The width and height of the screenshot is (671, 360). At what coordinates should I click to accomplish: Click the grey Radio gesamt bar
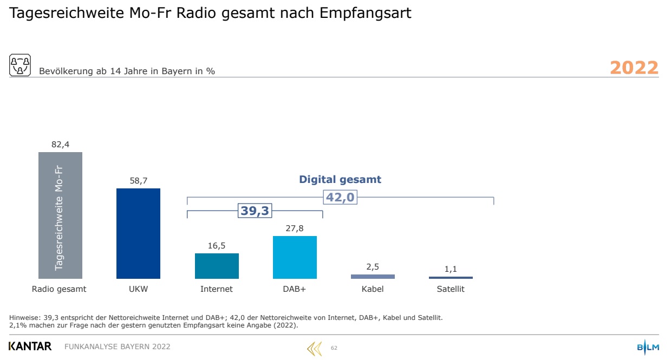coord(60,215)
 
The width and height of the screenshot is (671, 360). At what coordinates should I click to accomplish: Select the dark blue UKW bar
coord(138,233)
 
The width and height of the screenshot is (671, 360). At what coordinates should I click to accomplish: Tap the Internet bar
coord(217,266)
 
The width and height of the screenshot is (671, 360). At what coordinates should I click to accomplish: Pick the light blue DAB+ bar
coord(295,257)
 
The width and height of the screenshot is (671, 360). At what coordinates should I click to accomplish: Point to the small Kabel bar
coord(373,276)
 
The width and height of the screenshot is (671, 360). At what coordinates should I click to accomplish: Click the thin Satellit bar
coord(451,278)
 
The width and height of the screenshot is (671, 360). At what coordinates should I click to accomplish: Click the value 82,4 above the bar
coord(60,144)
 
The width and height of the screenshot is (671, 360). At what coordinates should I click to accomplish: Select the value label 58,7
coord(138,181)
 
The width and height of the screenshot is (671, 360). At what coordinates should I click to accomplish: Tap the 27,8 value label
coord(295,228)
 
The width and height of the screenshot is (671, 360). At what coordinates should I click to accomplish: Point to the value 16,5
coord(217,246)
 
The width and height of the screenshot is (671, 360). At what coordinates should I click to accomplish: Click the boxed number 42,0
coord(340,197)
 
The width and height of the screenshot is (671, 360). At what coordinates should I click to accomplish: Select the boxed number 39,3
coord(255,211)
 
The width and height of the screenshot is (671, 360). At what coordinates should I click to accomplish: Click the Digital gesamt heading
coord(340,180)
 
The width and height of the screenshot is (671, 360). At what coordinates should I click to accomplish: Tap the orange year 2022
coord(634,68)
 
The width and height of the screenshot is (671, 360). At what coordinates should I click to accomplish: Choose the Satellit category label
coord(451,289)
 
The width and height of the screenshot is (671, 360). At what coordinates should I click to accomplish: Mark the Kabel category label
coord(373,289)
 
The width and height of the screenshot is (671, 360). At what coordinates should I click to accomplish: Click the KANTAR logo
coord(30,346)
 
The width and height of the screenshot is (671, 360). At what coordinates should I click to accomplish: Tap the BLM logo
coord(648,347)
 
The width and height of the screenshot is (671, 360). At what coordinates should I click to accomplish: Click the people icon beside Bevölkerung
coord(20,64)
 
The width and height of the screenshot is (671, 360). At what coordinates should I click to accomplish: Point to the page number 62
coord(334,348)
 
